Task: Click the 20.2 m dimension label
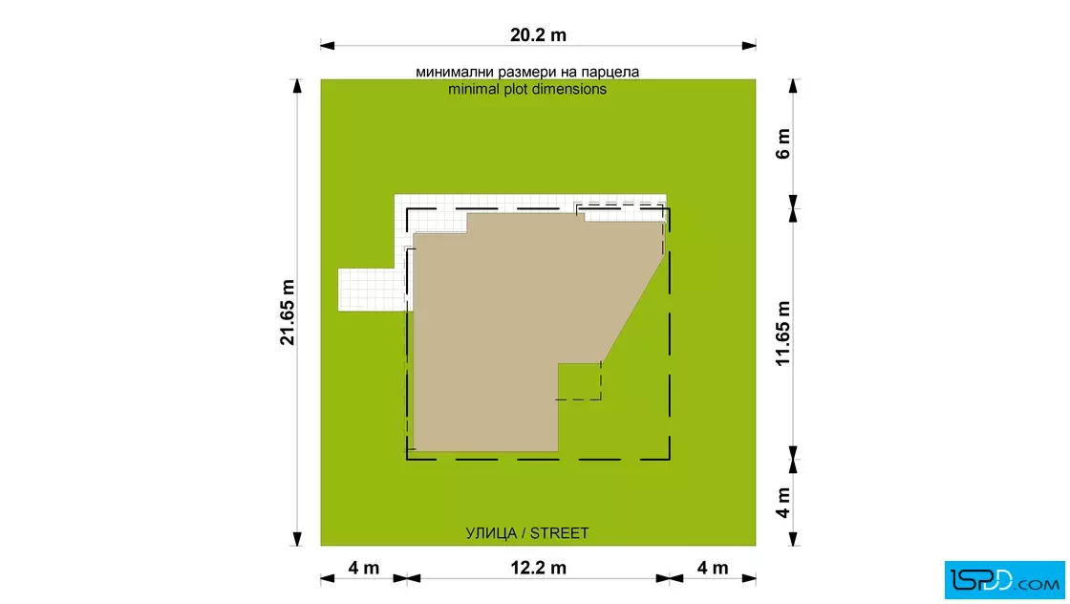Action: tap(538, 34)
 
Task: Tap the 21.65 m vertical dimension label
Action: tap(288, 312)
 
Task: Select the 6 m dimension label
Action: tap(782, 143)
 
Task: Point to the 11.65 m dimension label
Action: tap(782, 334)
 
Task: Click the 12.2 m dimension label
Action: tap(539, 568)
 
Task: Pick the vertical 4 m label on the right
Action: tap(782, 503)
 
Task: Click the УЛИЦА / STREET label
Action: tap(526, 533)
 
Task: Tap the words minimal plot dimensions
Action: tap(527, 90)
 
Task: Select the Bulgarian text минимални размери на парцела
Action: tap(527, 72)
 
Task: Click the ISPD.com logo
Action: tap(1004, 580)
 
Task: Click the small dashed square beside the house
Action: tap(579, 381)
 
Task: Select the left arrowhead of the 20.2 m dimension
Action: tap(328, 46)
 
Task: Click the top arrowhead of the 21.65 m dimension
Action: tap(297, 86)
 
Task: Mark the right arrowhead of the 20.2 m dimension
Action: tap(749, 46)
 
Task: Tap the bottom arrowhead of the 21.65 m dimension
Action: tap(297, 539)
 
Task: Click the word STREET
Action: tap(560, 533)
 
